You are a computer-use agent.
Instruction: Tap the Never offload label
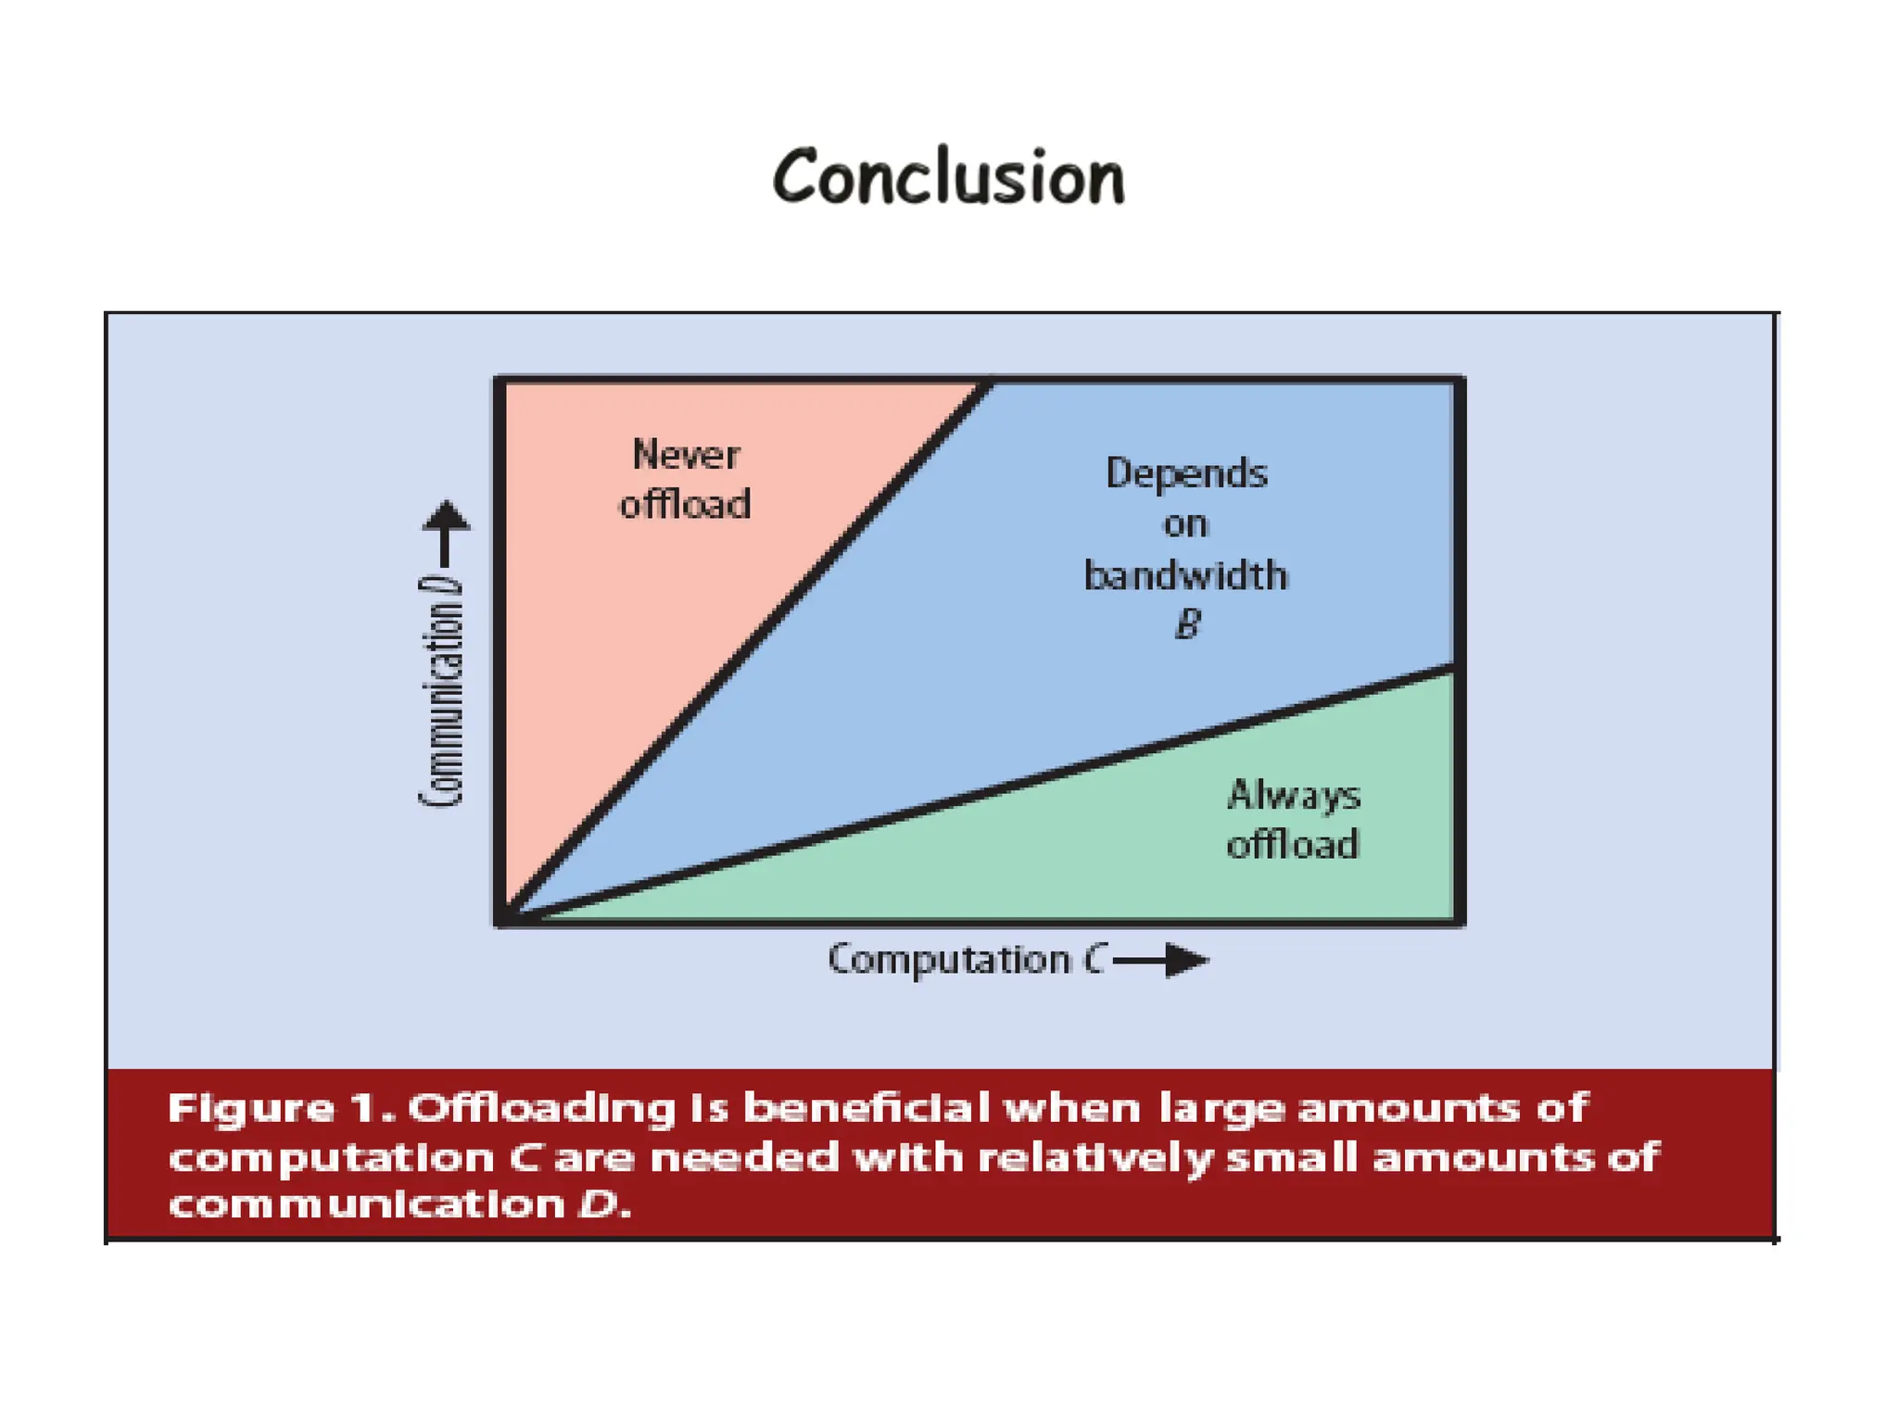pos(685,480)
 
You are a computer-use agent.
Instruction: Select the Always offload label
pos(1293,820)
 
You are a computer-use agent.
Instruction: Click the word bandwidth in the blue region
pos(1185,575)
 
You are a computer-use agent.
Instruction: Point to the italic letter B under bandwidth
pos(1187,624)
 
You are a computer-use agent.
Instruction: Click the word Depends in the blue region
pos(1186,473)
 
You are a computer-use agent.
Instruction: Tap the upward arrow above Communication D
pos(446,533)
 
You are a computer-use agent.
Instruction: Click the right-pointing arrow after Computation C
pos(1162,960)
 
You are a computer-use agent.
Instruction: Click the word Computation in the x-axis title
pos(948,960)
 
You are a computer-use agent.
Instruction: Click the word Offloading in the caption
pos(541,1109)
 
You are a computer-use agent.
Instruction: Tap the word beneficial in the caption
pos(867,1108)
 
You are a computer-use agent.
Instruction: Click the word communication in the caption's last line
pos(366,1205)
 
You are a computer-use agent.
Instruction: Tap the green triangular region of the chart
pos(1158,852)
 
